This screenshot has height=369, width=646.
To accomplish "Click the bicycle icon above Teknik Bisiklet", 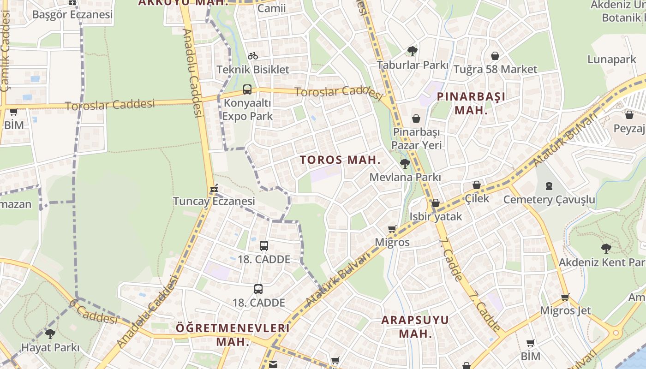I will pos(253,56).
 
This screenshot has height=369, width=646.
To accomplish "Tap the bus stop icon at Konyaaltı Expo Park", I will pos(247,89).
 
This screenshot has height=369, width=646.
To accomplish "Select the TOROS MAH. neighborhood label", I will pos(340,160).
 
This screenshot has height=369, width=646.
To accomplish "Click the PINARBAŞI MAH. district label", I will pos(471,103).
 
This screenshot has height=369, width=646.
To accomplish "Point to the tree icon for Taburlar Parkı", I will pos(412,51).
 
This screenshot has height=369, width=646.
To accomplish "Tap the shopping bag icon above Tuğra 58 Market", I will pos(495,56).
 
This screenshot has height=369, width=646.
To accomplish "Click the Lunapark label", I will pos(611,60).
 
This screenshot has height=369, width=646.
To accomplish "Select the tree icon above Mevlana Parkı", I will pos(405,163).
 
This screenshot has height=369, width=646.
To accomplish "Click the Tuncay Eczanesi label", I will pos(214,201).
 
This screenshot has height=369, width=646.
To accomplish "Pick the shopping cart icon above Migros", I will pos(392,229).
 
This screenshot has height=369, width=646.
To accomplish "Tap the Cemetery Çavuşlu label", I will pos(549,200).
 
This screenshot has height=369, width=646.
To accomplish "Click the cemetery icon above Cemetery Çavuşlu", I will pos(549,186).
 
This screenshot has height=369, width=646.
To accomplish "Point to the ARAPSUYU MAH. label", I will pos(415,327).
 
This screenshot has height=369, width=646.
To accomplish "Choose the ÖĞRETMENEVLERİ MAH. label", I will pos(233,335).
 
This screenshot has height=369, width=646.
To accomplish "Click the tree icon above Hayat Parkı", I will pos(50,333).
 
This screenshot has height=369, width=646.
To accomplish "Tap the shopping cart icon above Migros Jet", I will pos(565,297).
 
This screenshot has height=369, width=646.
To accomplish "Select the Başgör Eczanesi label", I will pos(72,14).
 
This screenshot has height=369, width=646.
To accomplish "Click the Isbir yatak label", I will pos(436,216).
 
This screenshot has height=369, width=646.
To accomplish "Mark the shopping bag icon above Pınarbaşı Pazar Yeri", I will pos(416,119).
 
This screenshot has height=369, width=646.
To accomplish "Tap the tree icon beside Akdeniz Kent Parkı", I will pos(606,249).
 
